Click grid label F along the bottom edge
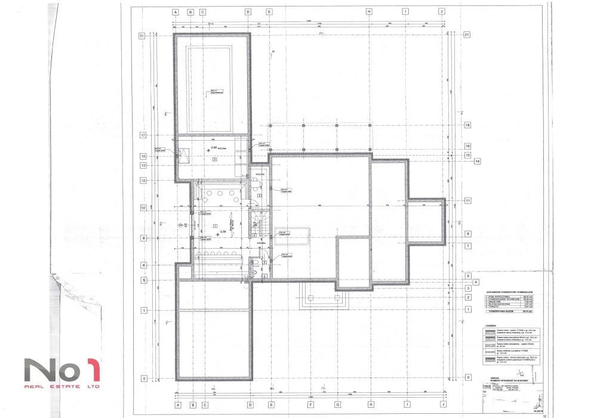(310, 404)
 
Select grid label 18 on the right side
(467, 125)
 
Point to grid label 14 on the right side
(477, 161)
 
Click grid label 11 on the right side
(467, 201)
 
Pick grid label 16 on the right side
(467, 146)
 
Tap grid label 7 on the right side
(467, 246)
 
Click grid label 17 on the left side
(142, 135)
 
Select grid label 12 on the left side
(142, 180)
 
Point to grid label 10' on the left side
(142, 208)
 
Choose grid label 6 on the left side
(142, 265)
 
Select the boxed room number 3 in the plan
(259, 196)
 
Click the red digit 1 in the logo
(91, 370)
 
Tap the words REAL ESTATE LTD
(62, 386)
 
